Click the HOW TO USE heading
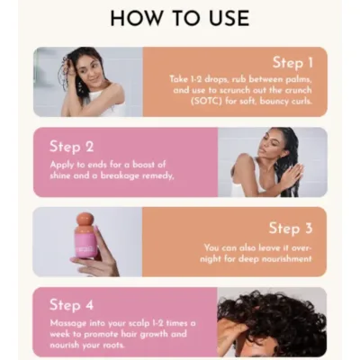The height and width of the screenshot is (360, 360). (180, 18)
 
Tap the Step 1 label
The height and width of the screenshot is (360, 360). (300, 63)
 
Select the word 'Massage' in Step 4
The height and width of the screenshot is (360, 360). (70, 322)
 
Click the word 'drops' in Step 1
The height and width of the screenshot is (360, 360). (216, 79)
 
